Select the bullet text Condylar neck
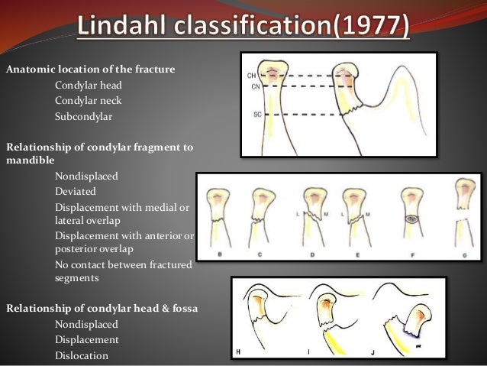(x=88, y=101)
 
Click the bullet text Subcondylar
(x=84, y=117)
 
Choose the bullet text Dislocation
(x=82, y=355)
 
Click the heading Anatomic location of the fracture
(x=91, y=70)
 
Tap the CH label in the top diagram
(x=251, y=76)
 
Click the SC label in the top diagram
(x=251, y=114)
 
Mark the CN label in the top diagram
(x=251, y=86)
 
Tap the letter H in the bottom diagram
(x=238, y=351)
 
